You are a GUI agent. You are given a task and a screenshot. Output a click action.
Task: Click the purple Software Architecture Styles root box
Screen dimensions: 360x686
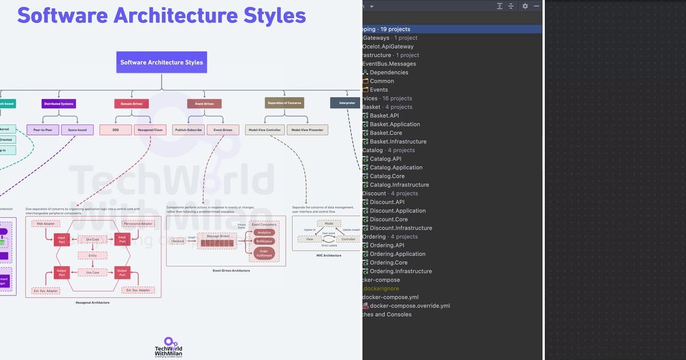(162, 62)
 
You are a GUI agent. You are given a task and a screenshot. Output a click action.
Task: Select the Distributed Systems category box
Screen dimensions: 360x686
(59, 103)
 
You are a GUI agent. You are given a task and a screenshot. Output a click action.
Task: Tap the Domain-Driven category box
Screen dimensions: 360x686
(131, 103)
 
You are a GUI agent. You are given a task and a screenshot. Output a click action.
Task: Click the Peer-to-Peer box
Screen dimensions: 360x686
(42, 130)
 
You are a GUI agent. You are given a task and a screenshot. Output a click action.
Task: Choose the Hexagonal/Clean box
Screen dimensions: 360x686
(150, 130)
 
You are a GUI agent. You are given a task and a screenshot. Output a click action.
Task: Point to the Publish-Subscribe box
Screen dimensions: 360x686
(188, 130)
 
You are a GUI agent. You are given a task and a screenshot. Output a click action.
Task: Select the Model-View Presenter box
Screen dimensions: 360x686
(308, 130)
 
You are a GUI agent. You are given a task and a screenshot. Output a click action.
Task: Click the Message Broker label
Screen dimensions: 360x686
(217, 235)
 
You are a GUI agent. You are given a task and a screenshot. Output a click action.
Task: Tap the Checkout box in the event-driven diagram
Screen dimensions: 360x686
(178, 241)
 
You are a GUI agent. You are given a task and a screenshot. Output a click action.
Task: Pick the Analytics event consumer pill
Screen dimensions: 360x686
(264, 233)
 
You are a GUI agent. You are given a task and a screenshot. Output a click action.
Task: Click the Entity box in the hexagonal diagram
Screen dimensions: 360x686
(93, 255)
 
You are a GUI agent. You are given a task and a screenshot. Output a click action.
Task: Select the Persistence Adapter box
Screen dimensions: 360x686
(138, 223)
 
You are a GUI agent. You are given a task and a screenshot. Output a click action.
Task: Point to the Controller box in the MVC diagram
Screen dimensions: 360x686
(348, 239)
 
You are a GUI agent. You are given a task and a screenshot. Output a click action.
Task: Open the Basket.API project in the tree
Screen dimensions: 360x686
(384, 115)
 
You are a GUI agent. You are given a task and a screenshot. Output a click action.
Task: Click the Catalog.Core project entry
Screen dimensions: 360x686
(387, 176)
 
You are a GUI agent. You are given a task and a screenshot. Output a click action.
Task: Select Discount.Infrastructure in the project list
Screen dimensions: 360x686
(401, 228)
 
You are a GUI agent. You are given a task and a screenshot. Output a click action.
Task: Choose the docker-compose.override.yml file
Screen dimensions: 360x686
(409, 306)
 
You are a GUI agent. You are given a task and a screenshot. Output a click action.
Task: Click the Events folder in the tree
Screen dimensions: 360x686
(378, 90)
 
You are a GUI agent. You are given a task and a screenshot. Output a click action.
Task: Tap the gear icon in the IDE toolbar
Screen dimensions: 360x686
(525, 6)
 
